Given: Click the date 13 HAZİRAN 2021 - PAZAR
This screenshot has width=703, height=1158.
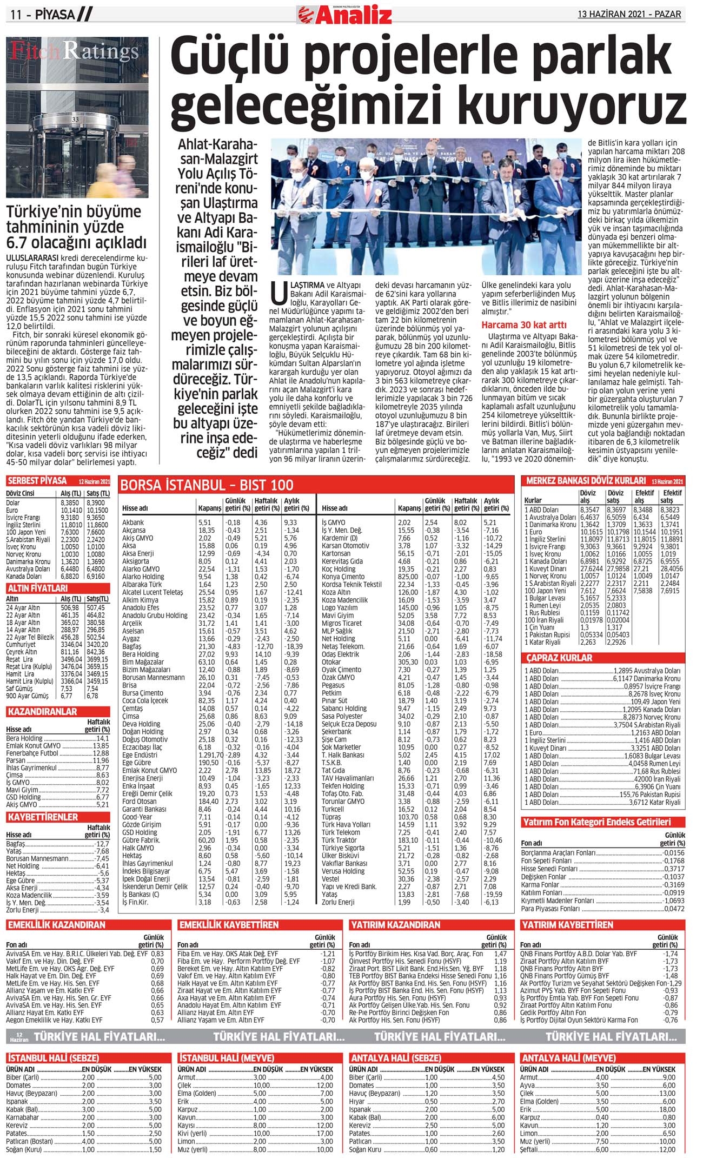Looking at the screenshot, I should point(629,14).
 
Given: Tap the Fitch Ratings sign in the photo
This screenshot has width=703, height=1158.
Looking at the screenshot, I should point(75,51).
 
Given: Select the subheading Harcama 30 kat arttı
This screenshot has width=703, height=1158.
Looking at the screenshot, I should point(524,325).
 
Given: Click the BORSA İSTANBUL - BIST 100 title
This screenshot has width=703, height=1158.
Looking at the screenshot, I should point(207,485).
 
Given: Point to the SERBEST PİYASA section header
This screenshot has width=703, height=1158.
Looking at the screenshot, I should point(37,480).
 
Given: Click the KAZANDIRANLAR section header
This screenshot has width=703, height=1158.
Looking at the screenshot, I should point(43,711).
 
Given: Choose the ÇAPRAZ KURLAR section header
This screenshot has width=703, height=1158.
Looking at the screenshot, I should point(559,658).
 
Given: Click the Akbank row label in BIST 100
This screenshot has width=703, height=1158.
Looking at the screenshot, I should point(133,522).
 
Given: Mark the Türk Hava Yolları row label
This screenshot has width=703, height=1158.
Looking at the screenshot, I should point(346,825).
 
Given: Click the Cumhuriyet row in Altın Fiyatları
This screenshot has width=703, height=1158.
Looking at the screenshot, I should point(21,645).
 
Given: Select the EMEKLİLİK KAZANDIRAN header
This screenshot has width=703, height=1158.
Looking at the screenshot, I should point(57,925).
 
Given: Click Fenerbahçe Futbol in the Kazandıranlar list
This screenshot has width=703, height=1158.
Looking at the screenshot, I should point(32,753).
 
